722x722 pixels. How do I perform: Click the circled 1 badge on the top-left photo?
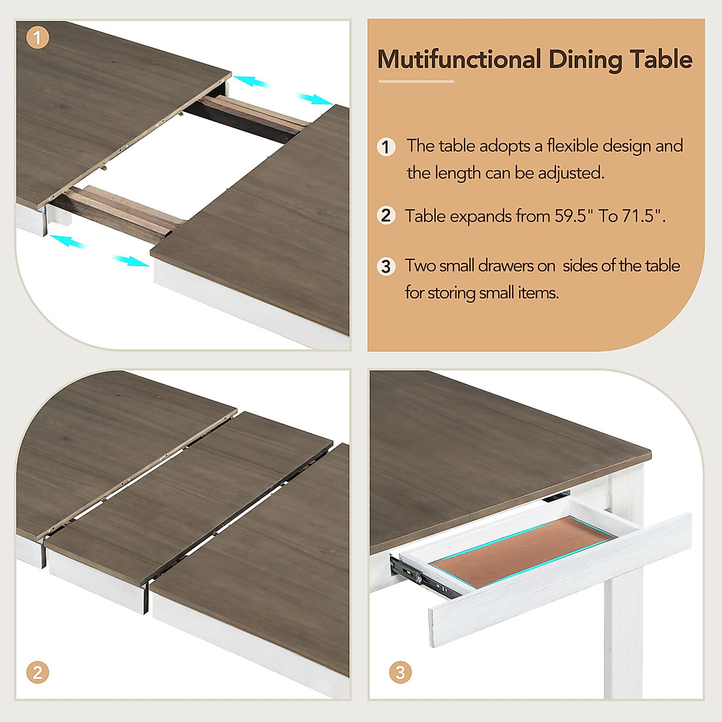pyautogui.click(x=37, y=38)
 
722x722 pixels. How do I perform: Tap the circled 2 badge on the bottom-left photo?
pyautogui.click(x=37, y=672)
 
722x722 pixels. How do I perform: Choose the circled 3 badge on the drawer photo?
pyautogui.click(x=401, y=672)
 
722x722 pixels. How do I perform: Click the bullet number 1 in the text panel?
pyautogui.click(x=386, y=147)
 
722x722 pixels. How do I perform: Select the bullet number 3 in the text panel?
pyautogui.click(x=386, y=267)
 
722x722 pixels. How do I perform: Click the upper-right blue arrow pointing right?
pyautogui.click(x=313, y=98)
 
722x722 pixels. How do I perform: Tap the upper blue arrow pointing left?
pyautogui.click(x=251, y=81)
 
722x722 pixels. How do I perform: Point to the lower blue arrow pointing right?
pyautogui.click(x=130, y=261)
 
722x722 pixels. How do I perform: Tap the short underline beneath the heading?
pyautogui.click(x=415, y=81)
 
